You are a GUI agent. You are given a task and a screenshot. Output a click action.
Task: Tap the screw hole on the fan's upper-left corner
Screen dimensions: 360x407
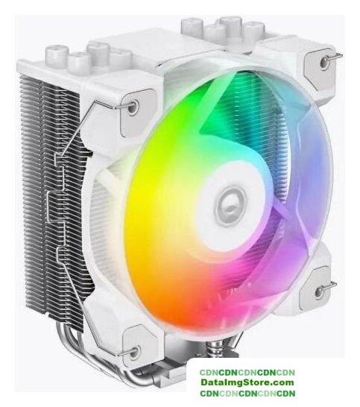click(133, 107)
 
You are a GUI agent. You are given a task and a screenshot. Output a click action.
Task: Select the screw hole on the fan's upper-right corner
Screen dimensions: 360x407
click(323, 62)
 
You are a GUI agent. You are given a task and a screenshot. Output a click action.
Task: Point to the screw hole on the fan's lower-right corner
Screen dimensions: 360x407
click(319, 292)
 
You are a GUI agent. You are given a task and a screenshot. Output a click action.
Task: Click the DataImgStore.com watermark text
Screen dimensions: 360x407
click(247, 382)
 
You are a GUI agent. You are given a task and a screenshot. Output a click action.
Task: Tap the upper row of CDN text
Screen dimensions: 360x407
click(247, 373)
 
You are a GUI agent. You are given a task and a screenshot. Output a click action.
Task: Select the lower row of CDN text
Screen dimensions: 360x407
click(247, 394)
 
